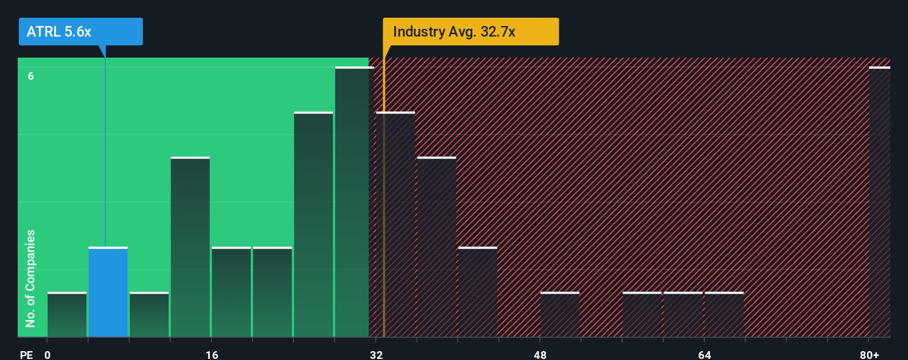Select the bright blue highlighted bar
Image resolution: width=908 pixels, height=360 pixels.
tap(108, 292)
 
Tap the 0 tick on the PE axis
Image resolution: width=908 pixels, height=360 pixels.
tap(48, 354)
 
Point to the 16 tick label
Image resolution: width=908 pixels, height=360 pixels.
tap(212, 354)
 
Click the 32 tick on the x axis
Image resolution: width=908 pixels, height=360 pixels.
tap(376, 354)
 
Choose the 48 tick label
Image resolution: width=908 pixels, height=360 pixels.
tap(540, 354)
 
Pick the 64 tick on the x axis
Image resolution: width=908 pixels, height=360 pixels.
tap(704, 354)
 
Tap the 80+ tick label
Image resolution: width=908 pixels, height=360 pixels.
tap(869, 354)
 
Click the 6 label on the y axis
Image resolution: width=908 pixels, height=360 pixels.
tap(31, 76)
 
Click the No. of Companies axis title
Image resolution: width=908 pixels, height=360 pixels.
tap(30, 278)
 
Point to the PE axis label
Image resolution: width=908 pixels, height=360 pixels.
tap(26, 354)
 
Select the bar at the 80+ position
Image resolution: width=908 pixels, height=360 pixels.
tap(880, 202)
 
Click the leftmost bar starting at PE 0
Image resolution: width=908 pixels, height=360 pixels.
tap(67, 315)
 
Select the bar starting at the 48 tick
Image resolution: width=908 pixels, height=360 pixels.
tap(560, 315)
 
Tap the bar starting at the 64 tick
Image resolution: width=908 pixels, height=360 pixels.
tap(724, 315)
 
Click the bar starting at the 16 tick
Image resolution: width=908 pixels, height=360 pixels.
tap(231, 292)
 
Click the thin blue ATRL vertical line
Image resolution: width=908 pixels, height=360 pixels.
tap(105, 150)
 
